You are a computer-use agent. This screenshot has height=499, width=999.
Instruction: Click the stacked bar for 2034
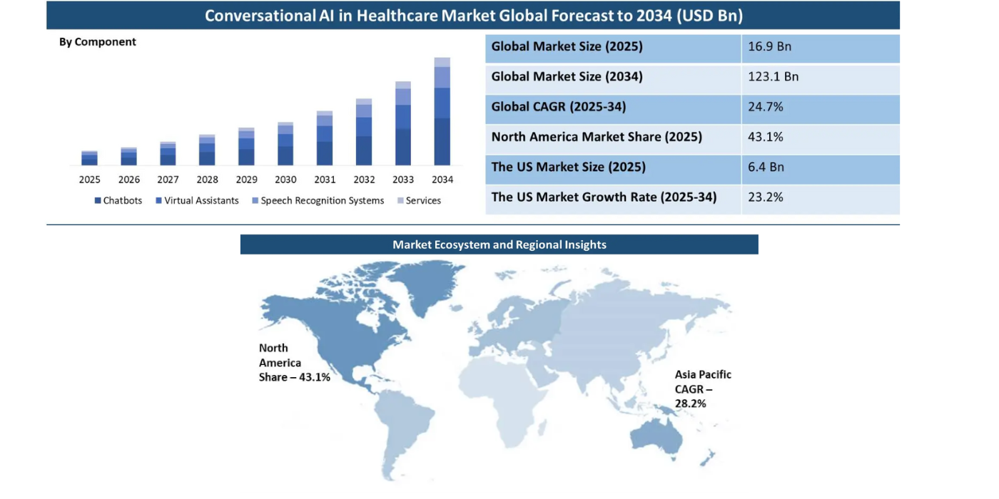(442, 112)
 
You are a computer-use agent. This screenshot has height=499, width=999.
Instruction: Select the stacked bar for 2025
(89, 158)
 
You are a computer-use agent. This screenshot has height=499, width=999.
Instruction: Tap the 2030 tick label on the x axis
(285, 180)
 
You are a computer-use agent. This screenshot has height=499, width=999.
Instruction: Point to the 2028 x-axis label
(207, 180)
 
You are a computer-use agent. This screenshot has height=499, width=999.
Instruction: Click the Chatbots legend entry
(118, 201)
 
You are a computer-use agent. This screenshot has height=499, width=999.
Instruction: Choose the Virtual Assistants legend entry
(197, 201)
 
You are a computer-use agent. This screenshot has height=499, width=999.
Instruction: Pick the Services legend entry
(419, 201)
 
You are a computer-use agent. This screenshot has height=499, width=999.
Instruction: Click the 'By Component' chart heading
(98, 42)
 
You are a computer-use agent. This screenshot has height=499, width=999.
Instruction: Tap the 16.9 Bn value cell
(770, 47)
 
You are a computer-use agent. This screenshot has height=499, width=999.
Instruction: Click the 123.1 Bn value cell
(774, 77)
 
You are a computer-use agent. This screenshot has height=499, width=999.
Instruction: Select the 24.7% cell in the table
(766, 107)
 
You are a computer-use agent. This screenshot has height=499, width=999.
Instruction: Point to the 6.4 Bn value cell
(766, 168)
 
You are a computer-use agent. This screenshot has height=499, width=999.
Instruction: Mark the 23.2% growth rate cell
(766, 197)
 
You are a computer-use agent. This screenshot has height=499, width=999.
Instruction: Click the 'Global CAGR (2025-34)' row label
(559, 107)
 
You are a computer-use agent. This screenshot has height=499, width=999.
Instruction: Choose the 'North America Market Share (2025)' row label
(597, 137)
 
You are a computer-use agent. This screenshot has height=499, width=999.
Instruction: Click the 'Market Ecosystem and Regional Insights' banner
(499, 245)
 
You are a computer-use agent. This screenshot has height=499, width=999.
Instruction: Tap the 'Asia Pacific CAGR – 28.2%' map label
(702, 389)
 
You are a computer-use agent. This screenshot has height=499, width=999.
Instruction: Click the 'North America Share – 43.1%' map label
(293, 363)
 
